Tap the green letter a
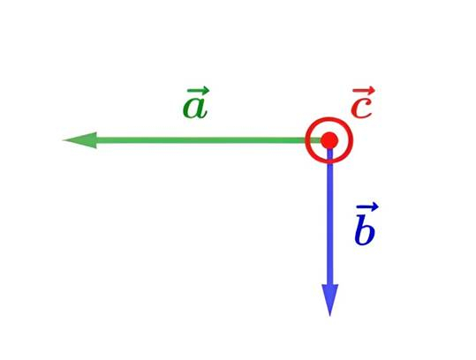click(x=195, y=109)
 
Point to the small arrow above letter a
click(x=198, y=90)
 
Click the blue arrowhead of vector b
click(x=330, y=300)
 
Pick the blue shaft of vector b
click(x=330, y=216)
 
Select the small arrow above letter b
click(x=367, y=207)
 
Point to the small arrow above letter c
click(x=364, y=91)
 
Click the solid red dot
click(x=329, y=140)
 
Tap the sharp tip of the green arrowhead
click(x=63, y=140)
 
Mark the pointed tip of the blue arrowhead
click(x=330, y=316)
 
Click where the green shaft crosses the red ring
click(x=307, y=140)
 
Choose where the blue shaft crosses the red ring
click(x=330, y=162)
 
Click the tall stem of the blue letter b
click(x=361, y=226)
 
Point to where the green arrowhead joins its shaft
click(x=97, y=140)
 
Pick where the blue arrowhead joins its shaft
click(x=330, y=285)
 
